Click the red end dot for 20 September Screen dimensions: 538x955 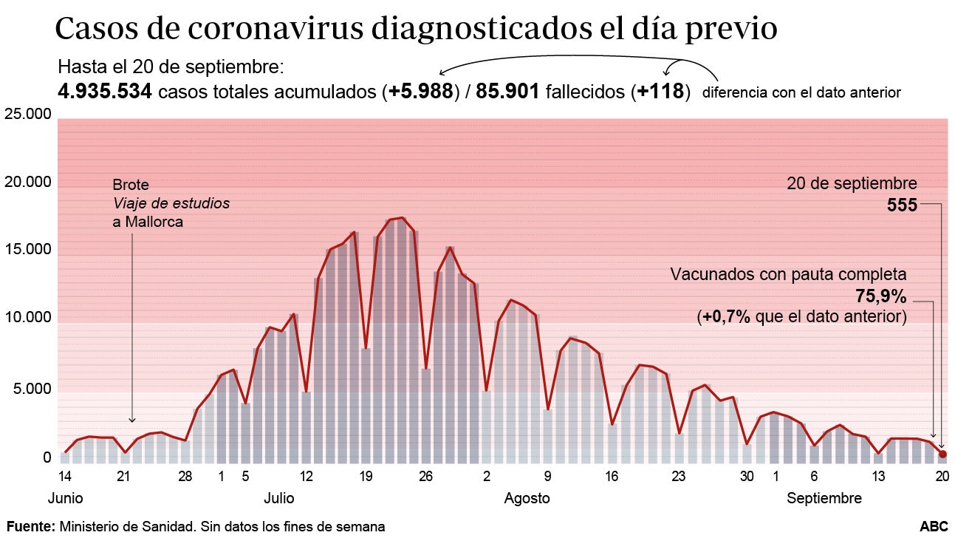pos(942,454)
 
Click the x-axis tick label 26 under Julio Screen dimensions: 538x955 pos(425,477)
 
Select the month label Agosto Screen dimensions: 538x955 pos(527,499)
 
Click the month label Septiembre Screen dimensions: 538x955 pos(824,499)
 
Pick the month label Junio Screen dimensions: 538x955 pos(65,499)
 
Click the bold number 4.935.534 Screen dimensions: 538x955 pos(105,92)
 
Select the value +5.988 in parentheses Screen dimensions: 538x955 pos(420,92)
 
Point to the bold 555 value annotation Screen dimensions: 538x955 pos(902,205)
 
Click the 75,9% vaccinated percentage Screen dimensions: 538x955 pos(880,296)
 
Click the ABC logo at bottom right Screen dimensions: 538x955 pos(934,526)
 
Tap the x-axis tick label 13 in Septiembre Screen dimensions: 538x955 pos(878,477)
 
